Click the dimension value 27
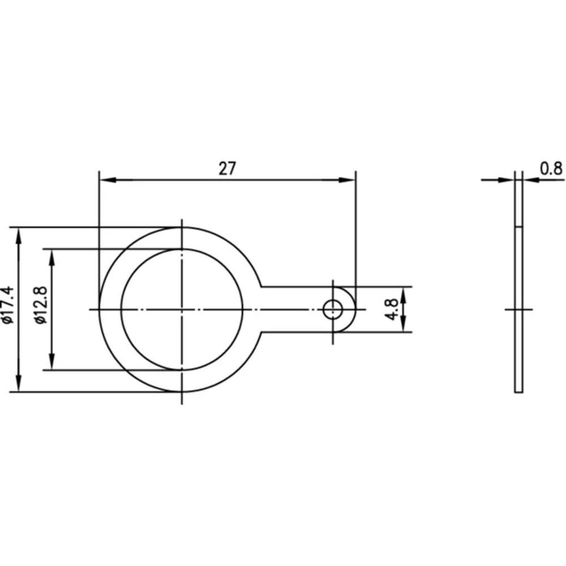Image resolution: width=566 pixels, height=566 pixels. [226, 168]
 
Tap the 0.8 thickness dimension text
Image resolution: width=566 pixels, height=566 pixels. [551, 168]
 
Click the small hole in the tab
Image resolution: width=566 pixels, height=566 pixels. [333, 309]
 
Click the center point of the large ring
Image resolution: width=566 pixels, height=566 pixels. [182, 309]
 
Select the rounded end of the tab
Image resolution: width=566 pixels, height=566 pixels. [355, 309]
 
